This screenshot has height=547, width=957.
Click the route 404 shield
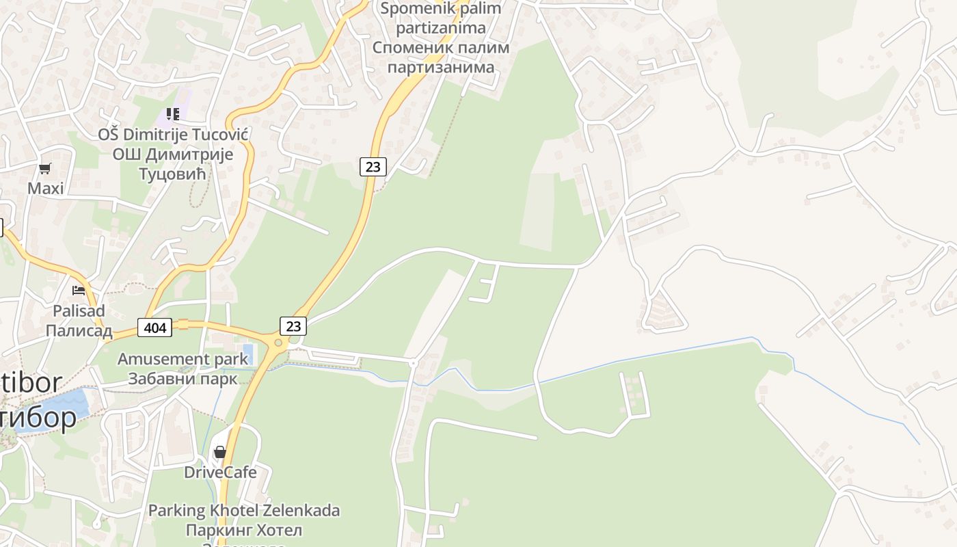(x=155, y=328)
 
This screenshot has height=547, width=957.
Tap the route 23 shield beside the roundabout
(x=293, y=326)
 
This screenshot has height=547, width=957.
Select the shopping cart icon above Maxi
(x=45, y=168)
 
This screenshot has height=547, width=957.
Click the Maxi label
(x=45, y=188)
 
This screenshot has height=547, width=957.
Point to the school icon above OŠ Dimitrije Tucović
(x=172, y=114)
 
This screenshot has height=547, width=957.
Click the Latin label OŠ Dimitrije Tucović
(x=172, y=134)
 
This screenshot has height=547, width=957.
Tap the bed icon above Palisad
(x=79, y=291)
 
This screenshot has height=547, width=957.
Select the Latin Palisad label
(x=79, y=311)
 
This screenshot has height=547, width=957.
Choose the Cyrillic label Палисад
(x=79, y=331)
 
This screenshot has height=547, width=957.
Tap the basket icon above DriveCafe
(x=220, y=452)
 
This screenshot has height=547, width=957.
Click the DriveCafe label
(x=220, y=472)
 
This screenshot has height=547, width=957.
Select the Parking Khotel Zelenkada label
(x=244, y=510)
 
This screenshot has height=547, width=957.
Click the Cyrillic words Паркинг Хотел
(x=244, y=530)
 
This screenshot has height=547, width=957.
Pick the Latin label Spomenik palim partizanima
(x=440, y=18)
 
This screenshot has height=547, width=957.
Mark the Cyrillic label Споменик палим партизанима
(x=440, y=57)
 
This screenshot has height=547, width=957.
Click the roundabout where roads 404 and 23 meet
(x=278, y=343)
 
